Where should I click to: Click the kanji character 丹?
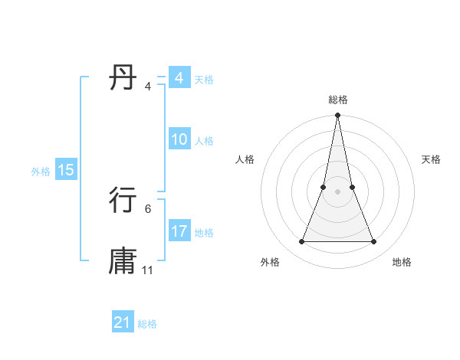point(123,78)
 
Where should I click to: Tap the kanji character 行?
point(123,200)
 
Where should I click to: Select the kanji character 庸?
point(123,260)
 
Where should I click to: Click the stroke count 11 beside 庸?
point(148,270)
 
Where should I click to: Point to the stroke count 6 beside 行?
point(148,208)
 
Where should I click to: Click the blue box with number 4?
point(179,78)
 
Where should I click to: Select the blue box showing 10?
point(179,139)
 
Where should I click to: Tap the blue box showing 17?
point(179,231)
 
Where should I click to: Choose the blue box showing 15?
point(66,170)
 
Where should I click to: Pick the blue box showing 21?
point(123,322)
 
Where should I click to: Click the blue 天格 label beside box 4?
point(204,80)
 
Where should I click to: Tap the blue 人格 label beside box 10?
point(204,141)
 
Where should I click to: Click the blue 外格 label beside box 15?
point(41,172)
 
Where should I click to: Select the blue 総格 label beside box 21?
point(147,324)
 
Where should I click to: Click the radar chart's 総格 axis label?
point(337,100)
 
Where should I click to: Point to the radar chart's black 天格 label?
point(431,159)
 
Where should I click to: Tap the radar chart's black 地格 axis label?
point(402,262)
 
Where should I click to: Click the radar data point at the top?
point(337,116)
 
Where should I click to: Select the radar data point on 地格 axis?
point(374,242)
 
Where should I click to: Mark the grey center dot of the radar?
point(337,191)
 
